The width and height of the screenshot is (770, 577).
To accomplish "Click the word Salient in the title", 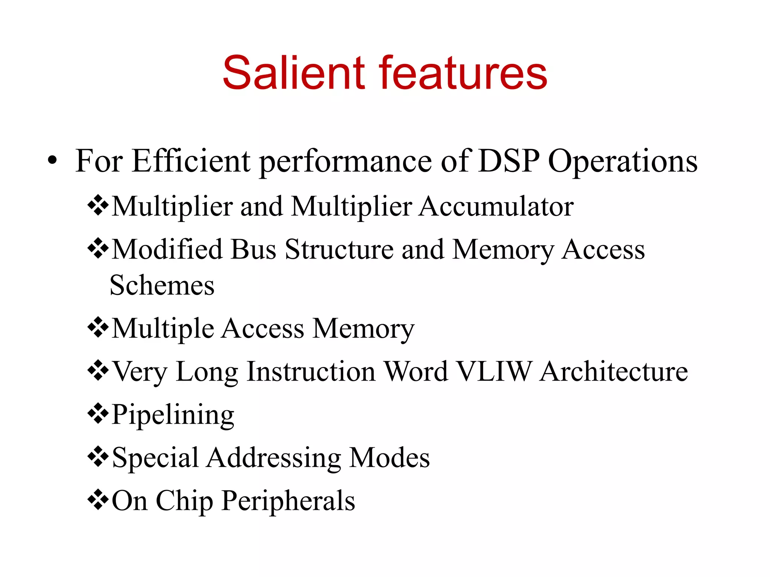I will (294, 73).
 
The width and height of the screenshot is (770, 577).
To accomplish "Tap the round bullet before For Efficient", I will (52, 161).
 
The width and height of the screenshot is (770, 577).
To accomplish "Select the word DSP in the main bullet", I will (509, 161).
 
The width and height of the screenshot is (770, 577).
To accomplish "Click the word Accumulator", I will (496, 207).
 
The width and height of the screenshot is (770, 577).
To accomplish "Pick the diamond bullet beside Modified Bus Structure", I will (98, 248).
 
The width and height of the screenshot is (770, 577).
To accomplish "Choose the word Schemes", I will (162, 285).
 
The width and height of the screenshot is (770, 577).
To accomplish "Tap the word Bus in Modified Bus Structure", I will (253, 249).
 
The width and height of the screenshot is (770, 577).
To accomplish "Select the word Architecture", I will (614, 372).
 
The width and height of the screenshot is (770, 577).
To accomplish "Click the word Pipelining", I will (173, 415).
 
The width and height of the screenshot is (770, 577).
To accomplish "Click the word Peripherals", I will (288, 501).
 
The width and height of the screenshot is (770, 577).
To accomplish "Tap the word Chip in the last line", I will (184, 501).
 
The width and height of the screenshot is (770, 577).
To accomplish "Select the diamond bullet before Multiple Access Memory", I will (98, 328).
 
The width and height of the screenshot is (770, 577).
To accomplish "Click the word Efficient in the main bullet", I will (191, 161).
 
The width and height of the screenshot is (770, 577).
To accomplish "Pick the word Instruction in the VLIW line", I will (311, 372).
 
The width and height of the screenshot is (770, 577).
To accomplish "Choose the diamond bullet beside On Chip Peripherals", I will (98, 499).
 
